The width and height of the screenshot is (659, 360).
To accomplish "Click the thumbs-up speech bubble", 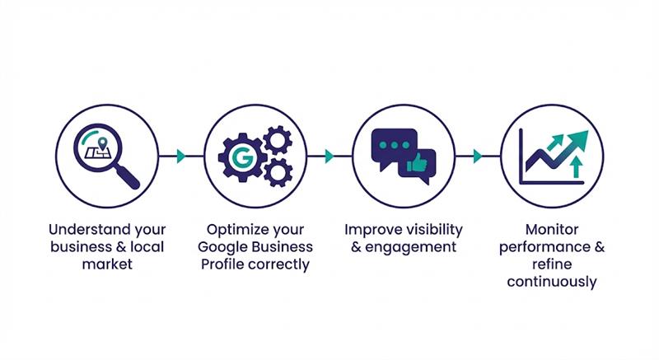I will [x=417, y=166].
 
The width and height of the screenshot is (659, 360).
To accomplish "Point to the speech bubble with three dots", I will [x=390, y=146].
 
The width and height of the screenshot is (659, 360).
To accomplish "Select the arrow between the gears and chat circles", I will [x=329, y=157].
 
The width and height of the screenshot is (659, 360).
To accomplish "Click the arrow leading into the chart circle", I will [x=477, y=157].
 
